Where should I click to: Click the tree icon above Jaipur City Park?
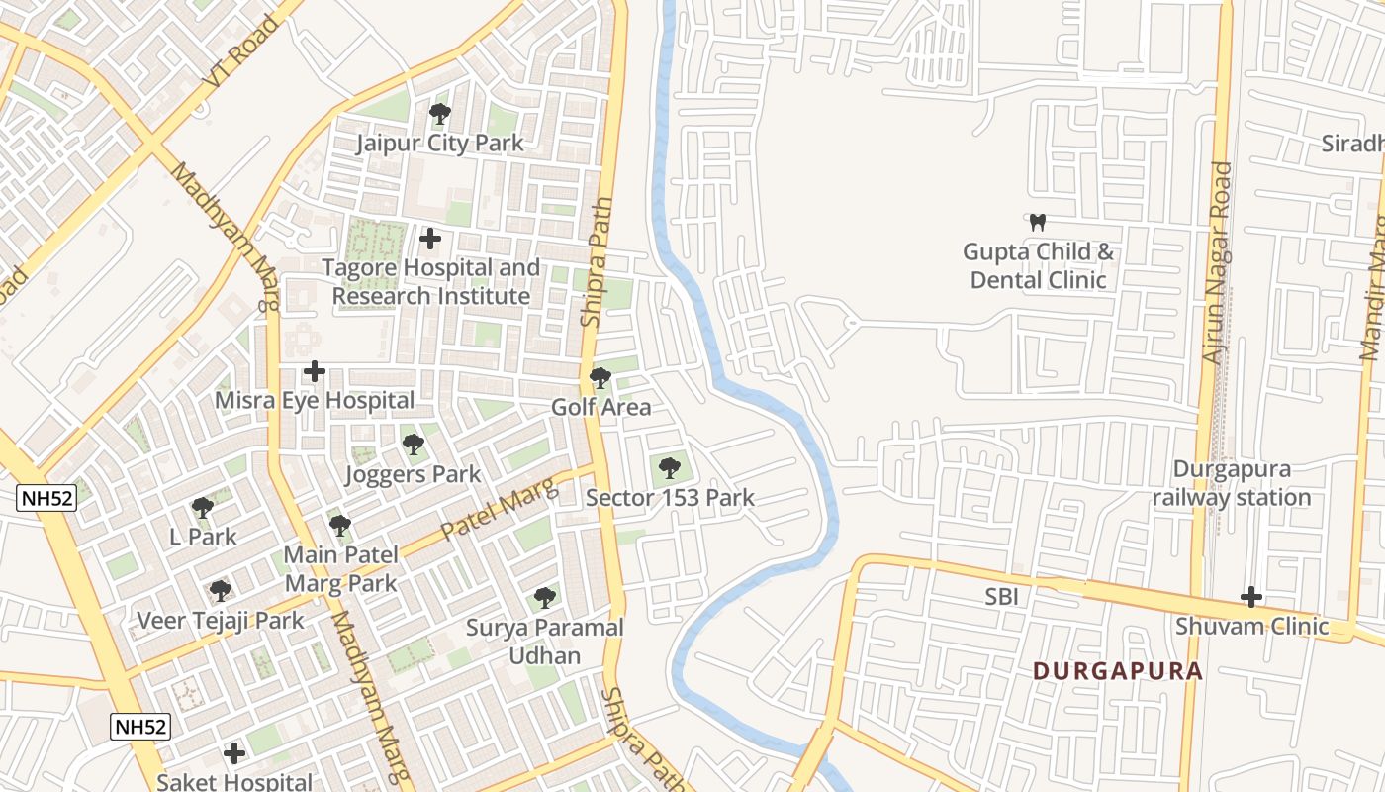click(x=440, y=114)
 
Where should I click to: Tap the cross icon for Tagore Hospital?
click(x=430, y=239)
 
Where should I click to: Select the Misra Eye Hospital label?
click(x=315, y=400)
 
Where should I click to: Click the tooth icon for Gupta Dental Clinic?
click(x=1038, y=222)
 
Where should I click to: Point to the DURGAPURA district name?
click(x=1118, y=671)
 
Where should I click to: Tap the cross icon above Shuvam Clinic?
click(x=1251, y=597)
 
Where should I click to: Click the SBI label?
click(x=1001, y=596)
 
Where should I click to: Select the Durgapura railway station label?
click(x=1232, y=483)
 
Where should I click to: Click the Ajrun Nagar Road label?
click(x=1217, y=262)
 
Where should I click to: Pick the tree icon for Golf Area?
click(x=600, y=378)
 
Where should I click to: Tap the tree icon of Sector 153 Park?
click(x=670, y=467)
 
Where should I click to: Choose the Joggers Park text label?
click(x=413, y=474)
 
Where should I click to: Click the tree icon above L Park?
click(x=203, y=508)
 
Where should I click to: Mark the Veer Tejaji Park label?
click(x=220, y=621)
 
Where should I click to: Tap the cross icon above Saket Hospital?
click(x=234, y=753)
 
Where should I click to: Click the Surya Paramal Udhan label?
click(x=545, y=641)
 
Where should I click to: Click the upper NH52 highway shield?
click(x=46, y=498)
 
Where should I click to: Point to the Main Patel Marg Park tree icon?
click(x=340, y=526)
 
